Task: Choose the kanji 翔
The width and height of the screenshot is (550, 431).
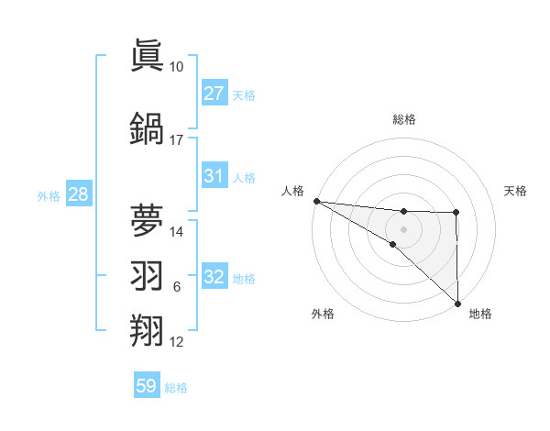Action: coord(148,329)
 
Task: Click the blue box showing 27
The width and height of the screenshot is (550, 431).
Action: coord(214,94)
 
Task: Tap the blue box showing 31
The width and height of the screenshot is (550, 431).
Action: coord(214,176)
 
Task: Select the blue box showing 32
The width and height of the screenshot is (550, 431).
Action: coord(214,277)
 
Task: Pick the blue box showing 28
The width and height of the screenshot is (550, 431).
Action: coord(77,194)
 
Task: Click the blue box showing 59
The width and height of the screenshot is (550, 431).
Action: coord(147,386)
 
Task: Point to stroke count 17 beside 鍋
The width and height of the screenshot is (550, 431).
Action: coord(177,140)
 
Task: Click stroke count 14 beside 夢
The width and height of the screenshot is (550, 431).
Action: coord(177,231)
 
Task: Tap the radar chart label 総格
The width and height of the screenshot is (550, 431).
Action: coord(403,119)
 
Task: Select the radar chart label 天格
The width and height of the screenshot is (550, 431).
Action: coord(515,191)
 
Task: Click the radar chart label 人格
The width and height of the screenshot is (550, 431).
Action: coord(292,191)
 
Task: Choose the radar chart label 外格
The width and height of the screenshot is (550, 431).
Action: coord(323,314)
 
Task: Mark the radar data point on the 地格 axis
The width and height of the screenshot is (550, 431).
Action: coord(456,302)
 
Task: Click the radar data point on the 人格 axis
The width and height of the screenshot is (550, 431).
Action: coord(316,201)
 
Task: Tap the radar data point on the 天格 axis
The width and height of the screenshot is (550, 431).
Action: coord(456,213)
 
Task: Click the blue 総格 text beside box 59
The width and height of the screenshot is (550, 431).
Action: coord(176,388)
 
